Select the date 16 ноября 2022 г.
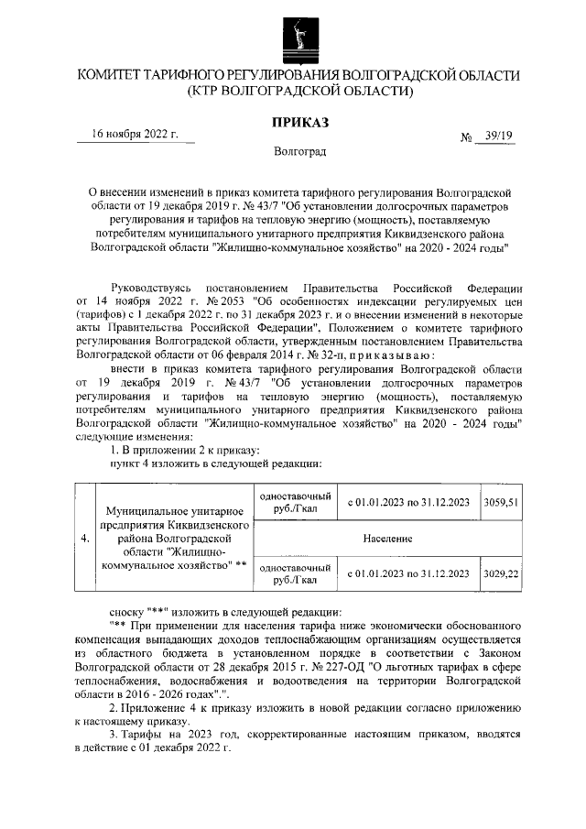click(x=135, y=134)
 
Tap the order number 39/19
click(x=499, y=136)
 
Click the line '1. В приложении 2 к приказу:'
click(x=184, y=449)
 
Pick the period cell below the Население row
click(x=408, y=573)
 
